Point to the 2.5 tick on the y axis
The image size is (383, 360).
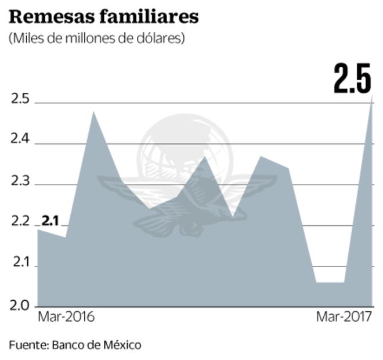[20, 99]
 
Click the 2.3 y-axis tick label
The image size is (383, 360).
[20, 181]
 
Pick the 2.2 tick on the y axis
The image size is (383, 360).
[20, 222]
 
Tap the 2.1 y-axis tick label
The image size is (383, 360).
[20, 263]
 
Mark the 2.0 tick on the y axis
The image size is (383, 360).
[20, 304]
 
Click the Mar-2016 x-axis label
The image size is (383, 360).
[66, 318]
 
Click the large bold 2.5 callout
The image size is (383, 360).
[352, 80]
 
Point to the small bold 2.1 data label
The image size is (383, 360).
[50, 221]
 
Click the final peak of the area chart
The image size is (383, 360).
[371, 97]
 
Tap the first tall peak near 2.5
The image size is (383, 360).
[93, 112]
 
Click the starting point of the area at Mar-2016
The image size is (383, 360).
[38, 230]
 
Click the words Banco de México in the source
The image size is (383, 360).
[96, 345]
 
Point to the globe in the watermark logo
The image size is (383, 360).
[186, 148]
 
